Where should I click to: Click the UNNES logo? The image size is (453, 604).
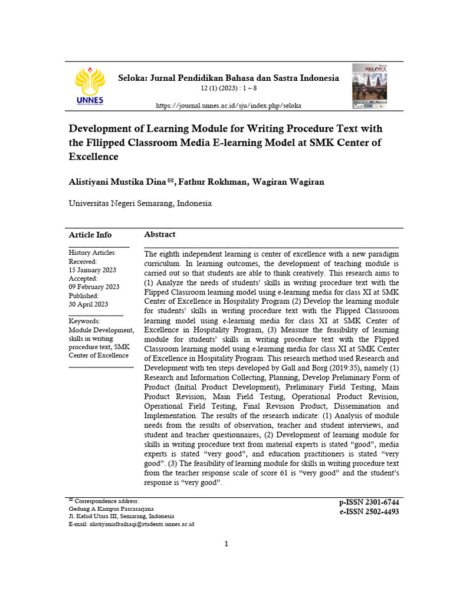(90, 86)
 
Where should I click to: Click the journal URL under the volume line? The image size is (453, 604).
(228, 106)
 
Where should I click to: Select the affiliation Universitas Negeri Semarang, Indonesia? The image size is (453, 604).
(140, 203)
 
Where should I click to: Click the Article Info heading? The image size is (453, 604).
(90, 234)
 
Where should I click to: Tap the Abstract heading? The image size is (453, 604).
(160, 234)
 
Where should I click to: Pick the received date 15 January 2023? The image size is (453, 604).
(92, 270)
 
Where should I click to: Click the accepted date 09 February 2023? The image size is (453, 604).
(94, 287)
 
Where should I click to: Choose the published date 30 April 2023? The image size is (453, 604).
(88, 304)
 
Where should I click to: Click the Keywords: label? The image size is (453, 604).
(84, 321)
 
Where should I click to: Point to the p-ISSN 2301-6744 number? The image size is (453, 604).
(369, 502)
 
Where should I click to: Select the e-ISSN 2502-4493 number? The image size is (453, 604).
(369, 511)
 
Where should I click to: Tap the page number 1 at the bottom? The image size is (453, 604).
(226, 544)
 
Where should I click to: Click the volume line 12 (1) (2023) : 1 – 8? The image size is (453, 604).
(229, 89)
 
